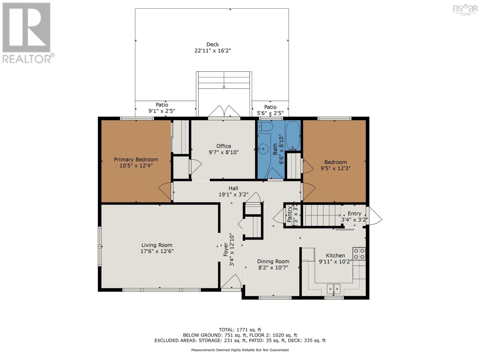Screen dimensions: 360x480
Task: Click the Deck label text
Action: click(212, 45)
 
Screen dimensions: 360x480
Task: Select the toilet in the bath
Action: click(265, 127)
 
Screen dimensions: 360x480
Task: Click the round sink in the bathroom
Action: click(263, 148)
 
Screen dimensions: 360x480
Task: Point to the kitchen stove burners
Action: click(359, 253)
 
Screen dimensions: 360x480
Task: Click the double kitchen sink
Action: click(334, 289)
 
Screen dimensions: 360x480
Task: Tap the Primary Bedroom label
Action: click(136, 160)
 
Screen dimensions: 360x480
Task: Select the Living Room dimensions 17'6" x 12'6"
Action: click(157, 251)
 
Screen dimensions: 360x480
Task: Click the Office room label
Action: click(223, 146)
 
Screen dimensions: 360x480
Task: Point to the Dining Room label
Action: click(273, 262)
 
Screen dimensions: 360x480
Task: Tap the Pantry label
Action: click(289, 214)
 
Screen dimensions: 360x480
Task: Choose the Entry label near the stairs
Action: click(354, 214)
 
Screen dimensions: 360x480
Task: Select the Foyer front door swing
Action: click(231, 283)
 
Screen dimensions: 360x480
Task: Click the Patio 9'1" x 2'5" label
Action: click(162, 108)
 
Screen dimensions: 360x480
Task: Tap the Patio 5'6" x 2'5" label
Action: click(270, 110)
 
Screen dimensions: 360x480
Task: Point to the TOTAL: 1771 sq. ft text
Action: click(240, 330)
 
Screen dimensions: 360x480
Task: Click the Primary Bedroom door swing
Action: click(165, 191)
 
